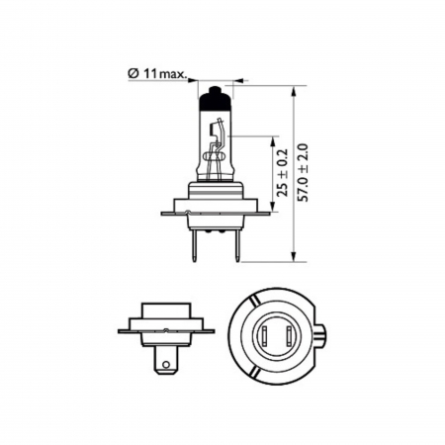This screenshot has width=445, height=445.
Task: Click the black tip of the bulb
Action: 215,98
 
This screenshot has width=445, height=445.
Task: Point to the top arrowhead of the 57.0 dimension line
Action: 296,89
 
